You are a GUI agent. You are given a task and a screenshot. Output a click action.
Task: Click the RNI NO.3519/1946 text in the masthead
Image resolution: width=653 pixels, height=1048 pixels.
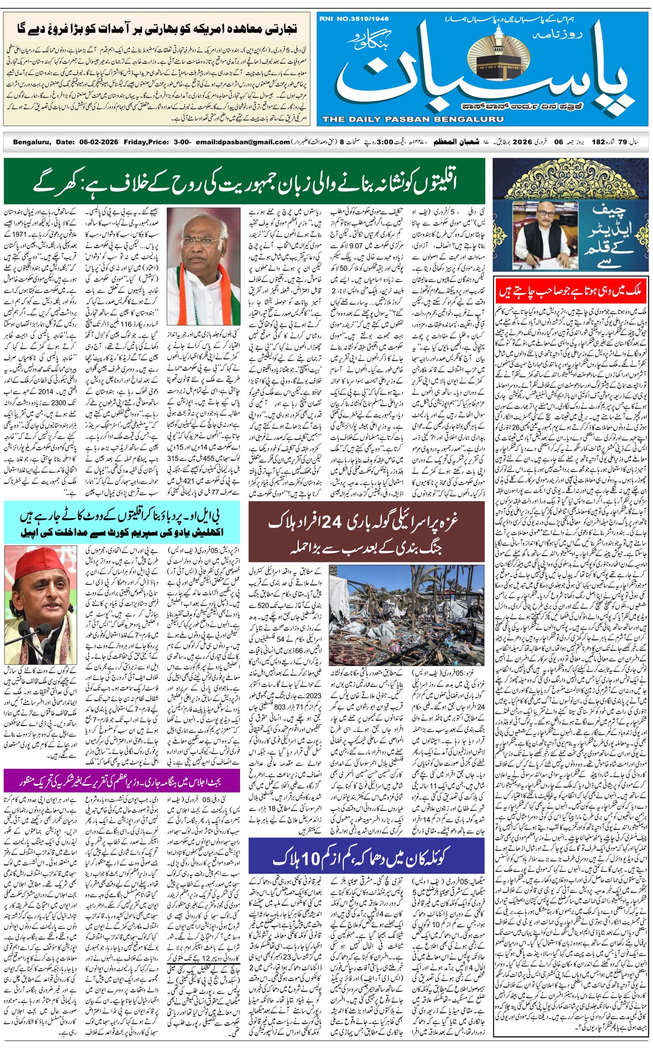coord(354,19)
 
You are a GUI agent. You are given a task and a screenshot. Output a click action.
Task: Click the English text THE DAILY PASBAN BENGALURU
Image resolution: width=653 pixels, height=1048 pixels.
coord(412,119)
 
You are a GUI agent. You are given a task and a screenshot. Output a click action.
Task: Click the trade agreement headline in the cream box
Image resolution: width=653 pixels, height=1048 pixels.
coord(157,29)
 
